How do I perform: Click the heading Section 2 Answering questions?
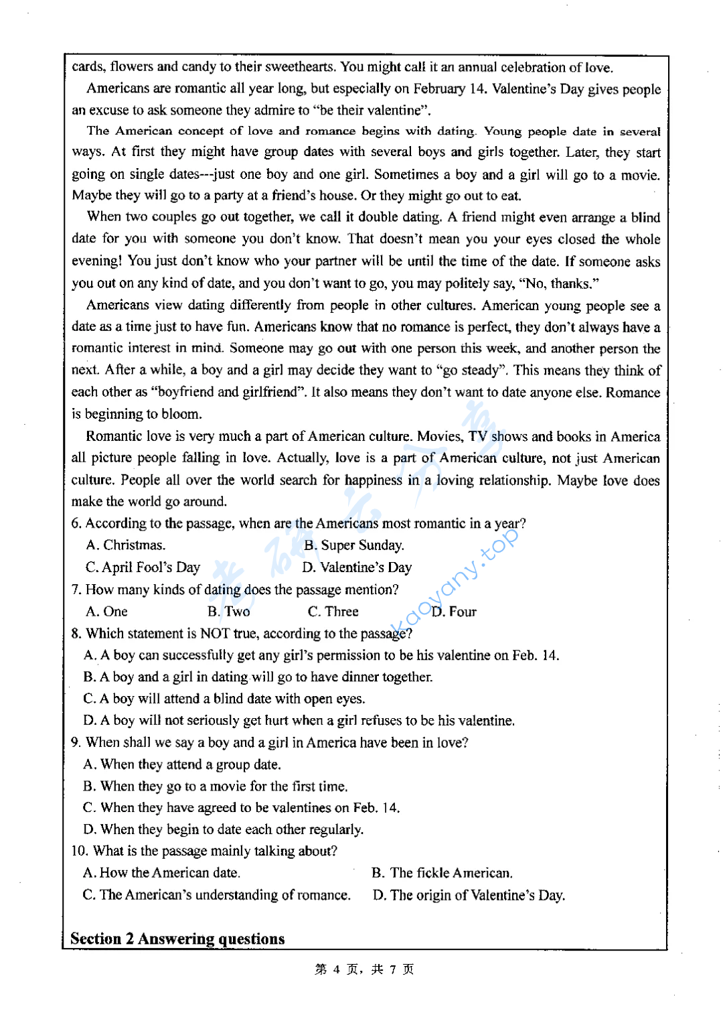(177, 938)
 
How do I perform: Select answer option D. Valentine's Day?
(357, 567)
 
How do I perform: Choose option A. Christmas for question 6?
(126, 545)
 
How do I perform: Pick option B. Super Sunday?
(354, 545)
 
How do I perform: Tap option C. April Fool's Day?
(143, 567)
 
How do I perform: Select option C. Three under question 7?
(333, 612)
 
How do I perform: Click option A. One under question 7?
(106, 612)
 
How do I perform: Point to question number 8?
(76, 634)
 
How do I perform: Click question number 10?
(79, 851)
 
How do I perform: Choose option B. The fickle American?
(442, 873)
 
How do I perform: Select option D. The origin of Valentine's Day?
(469, 895)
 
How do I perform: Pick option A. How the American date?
(161, 873)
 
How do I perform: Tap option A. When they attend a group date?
(182, 764)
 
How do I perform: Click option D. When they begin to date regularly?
(224, 829)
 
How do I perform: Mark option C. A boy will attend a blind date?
(224, 699)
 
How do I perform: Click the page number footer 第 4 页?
(364, 969)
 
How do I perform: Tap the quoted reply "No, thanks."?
(558, 283)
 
